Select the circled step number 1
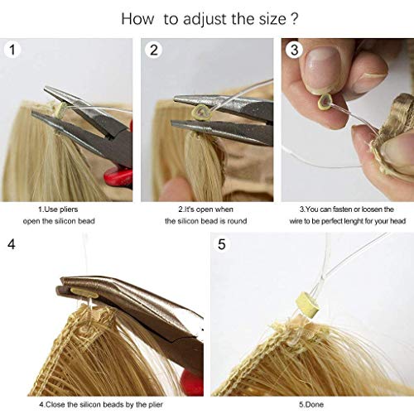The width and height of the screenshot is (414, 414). (12, 50)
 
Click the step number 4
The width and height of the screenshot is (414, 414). (11, 245)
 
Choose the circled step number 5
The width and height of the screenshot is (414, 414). (221, 245)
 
